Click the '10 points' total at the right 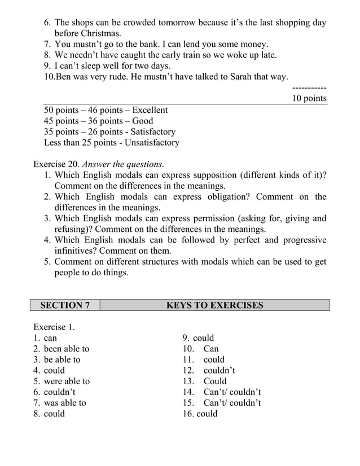(309, 99)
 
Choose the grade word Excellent (148, 111)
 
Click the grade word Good (143, 121)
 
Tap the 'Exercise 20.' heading (56, 165)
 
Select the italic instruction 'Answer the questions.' (123, 165)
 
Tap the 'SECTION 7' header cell (65, 306)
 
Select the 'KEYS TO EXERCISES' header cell (214, 306)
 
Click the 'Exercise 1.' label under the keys (54, 327)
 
